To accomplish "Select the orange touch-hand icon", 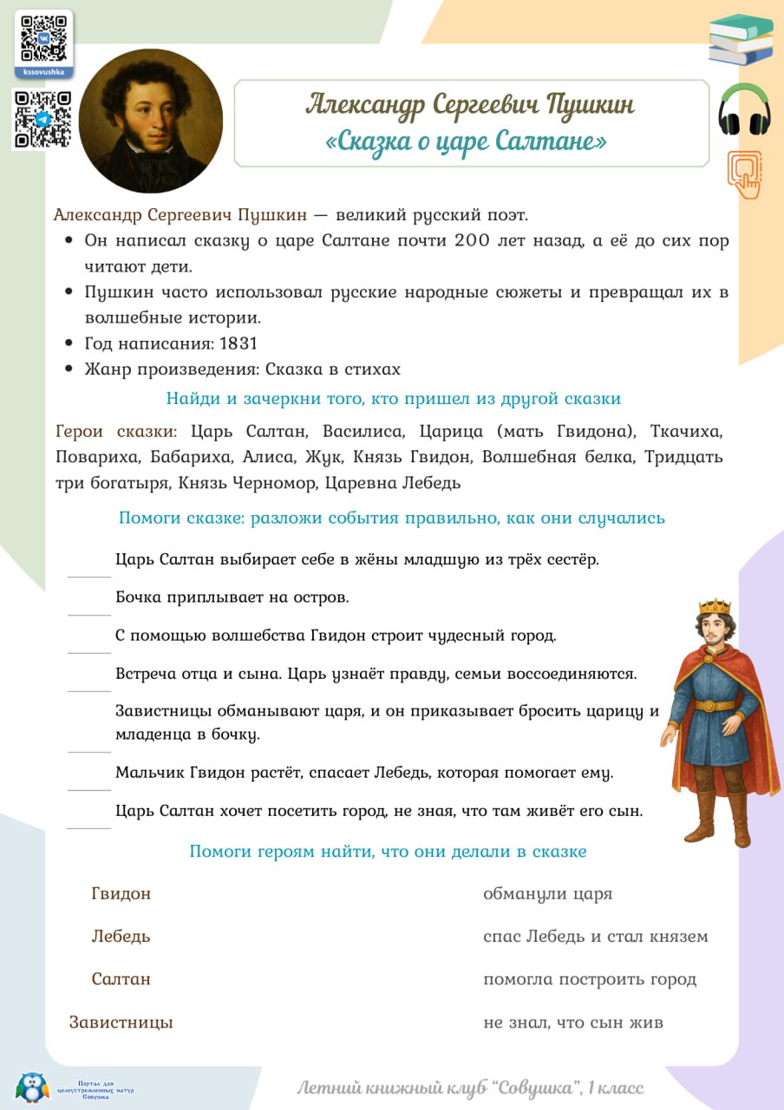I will click(x=745, y=173).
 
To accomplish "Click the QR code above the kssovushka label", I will click(x=43, y=37).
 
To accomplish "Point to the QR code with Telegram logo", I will click(x=42, y=119).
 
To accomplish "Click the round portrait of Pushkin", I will click(x=151, y=120).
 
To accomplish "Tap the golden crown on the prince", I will click(x=715, y=606).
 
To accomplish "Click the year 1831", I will click(x=238, y=343).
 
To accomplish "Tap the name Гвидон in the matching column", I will click(x=121, y=893).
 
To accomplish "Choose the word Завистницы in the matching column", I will click(x=121, y=1022).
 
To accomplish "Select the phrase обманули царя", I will click(x=548, y=893).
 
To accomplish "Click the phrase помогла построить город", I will click(x=590, y=980).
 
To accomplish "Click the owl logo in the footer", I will click(x=33, y=1087).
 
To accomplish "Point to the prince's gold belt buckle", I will click(x=715, y=705).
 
